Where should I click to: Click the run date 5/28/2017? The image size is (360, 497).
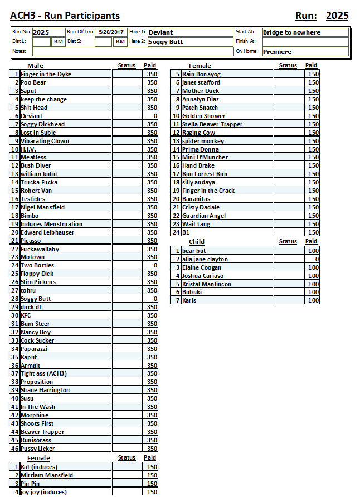[110, 32]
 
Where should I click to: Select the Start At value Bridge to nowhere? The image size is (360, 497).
[291, 32]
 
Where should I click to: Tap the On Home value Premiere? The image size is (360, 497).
[277, 52]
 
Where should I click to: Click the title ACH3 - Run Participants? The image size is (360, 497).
[65, 16]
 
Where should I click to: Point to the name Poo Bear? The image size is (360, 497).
[33, 82]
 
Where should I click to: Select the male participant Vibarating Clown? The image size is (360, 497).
[45, 141]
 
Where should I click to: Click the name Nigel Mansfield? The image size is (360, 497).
[43, 207]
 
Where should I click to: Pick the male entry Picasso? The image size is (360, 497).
[31, 241]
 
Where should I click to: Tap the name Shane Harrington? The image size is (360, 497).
[45, 390]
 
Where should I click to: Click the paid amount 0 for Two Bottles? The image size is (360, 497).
[155, 266]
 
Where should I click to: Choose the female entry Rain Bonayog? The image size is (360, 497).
[201, 74]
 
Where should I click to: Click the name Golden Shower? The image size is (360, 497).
[203, 116]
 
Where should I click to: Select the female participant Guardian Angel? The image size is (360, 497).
[204, 216]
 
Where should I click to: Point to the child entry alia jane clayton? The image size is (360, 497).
[205, 259]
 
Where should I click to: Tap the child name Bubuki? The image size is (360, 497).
[193, 292]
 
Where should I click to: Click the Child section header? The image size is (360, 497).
[197, 242]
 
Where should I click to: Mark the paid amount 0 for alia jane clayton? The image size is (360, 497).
[317, 259]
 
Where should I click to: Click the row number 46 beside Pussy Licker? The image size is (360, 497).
[15, 449]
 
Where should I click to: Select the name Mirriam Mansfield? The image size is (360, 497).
[47, 475]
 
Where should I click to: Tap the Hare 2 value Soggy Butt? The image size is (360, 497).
[166, 42]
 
